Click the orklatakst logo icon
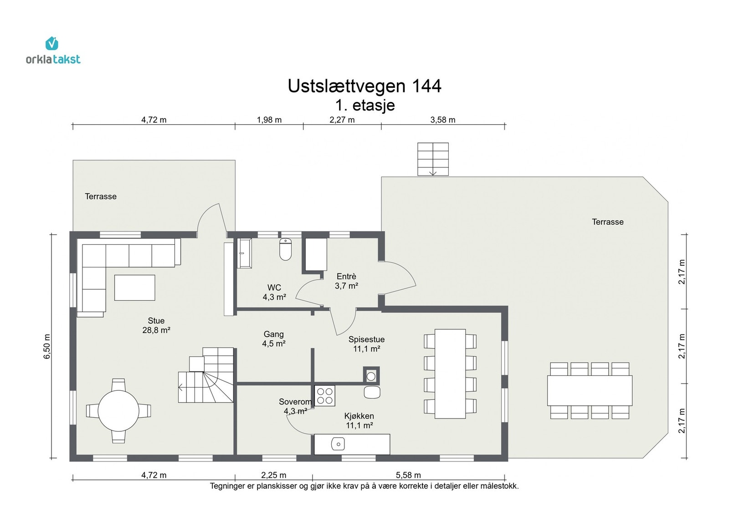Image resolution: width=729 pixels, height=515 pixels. click(x=52, y=44)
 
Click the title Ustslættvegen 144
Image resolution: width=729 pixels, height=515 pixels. click(x=364, y=86)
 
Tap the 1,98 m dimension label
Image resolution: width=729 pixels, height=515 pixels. click(x=269, y=120)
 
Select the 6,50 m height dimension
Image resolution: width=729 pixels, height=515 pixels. click(x=47, y=346)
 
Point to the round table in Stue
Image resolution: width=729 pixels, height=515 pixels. click(x=118, y=411)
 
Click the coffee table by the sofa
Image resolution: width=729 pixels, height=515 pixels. click(x=134, y=288)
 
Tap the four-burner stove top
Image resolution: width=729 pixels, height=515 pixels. click(x=325, y=396)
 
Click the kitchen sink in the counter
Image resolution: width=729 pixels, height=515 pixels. click(x=338, y=444)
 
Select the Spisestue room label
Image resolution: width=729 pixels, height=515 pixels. click(x=366, y=339)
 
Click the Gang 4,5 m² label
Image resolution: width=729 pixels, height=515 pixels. click(x=273, y=339)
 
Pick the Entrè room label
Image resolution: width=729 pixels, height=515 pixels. click(x=346, y=277)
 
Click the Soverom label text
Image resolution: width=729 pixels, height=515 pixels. click(x=295, y=402)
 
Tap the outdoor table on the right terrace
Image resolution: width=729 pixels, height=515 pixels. click(x=590, y=390)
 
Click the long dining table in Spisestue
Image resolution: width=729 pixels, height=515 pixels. click(x=450, y=374)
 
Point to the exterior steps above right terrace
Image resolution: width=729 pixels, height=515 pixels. click(x=433, y=159)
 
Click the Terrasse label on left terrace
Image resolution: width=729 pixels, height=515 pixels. click(x=101, y=197)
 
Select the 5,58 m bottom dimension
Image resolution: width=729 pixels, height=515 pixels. click(x=408, y=475)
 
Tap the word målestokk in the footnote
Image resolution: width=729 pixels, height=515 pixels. click(x=499, y=486)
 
